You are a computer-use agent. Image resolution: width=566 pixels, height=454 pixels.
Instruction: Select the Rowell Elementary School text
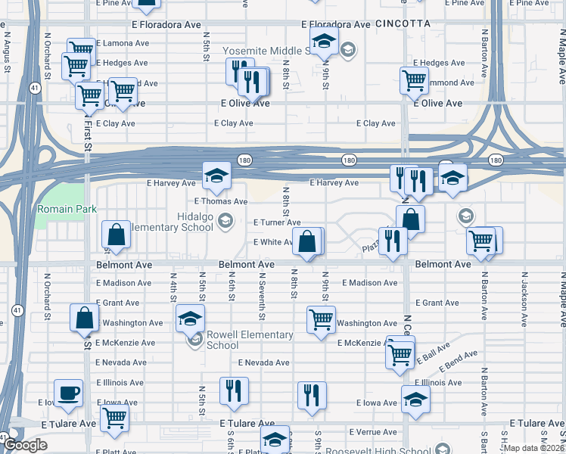239,340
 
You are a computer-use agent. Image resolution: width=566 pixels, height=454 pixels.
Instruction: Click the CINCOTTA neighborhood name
403,24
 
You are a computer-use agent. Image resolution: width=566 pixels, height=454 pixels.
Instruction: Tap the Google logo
25,445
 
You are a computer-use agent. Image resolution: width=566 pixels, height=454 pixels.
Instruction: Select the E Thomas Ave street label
220,202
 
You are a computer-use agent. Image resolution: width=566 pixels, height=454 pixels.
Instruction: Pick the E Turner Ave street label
277,222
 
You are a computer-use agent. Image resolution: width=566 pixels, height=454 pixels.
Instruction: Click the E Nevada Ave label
263,362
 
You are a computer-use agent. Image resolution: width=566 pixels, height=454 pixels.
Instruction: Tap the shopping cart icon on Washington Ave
322,319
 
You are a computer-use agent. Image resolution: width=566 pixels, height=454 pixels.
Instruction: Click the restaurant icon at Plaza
392,241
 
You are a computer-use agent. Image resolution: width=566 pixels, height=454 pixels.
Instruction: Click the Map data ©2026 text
533,448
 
